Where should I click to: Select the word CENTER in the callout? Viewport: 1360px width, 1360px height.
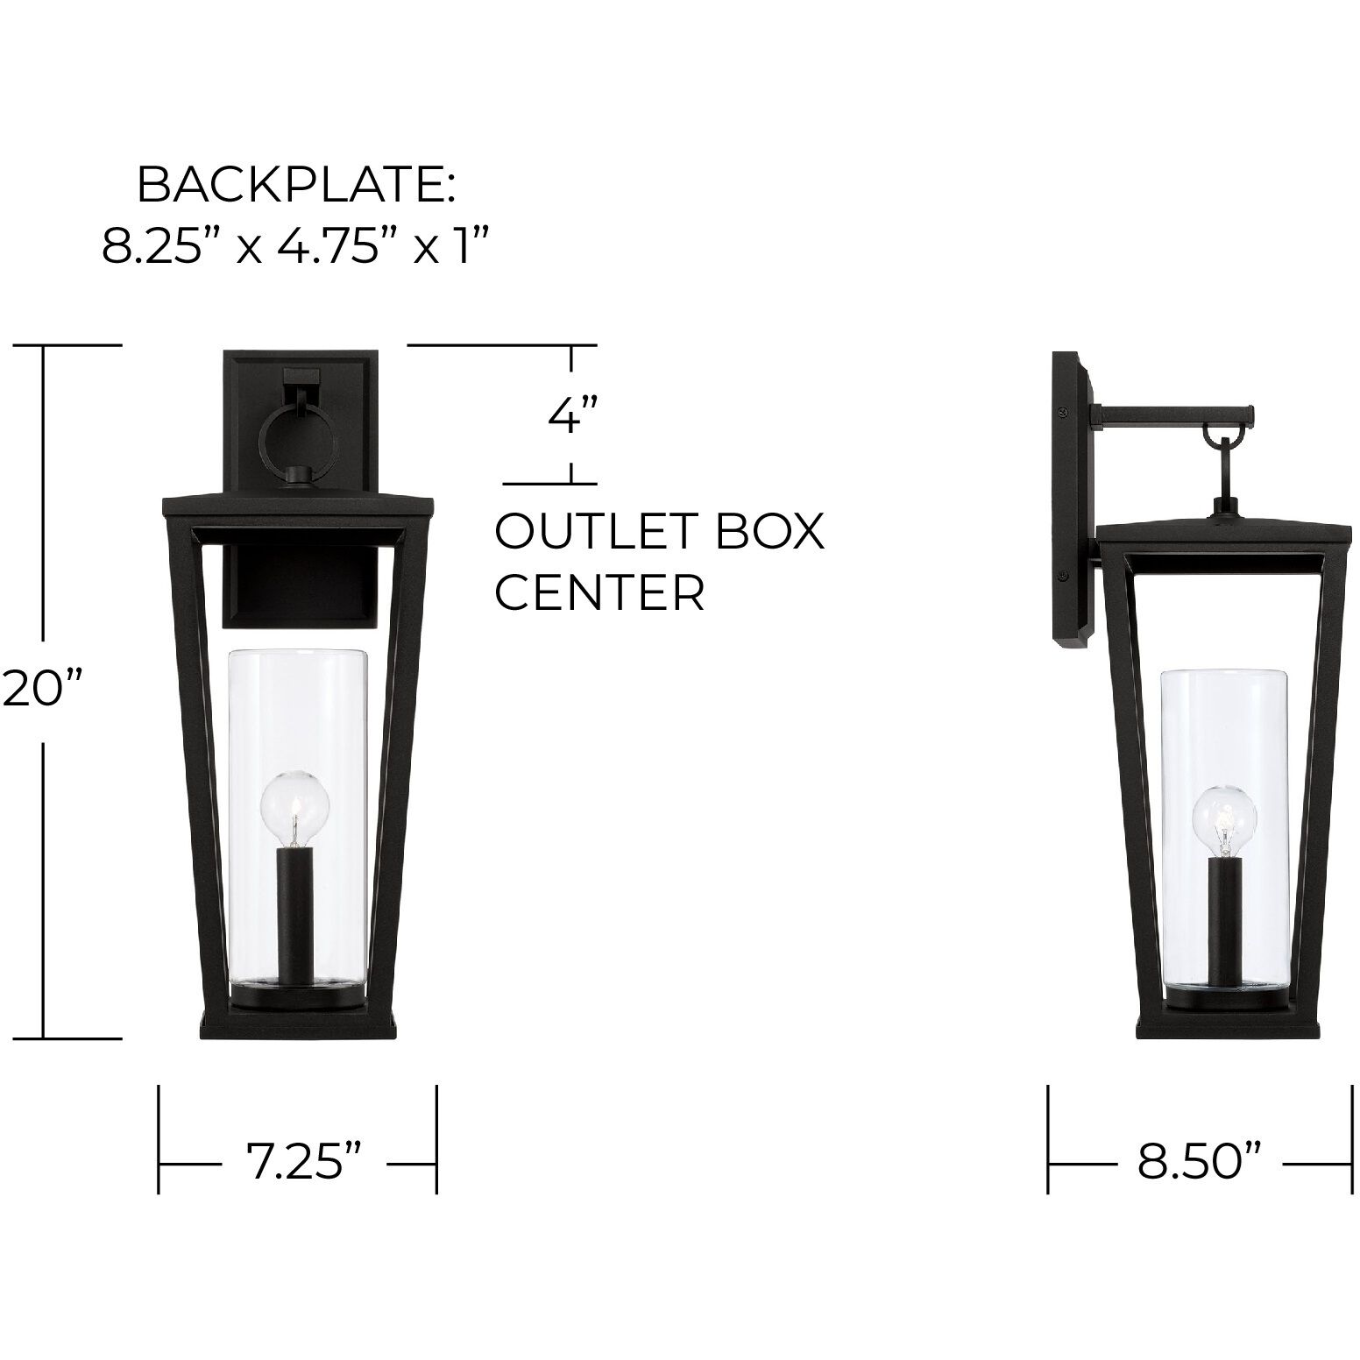[x=600, y=593]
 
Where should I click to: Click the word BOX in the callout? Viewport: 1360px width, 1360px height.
[x=770, y=532]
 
